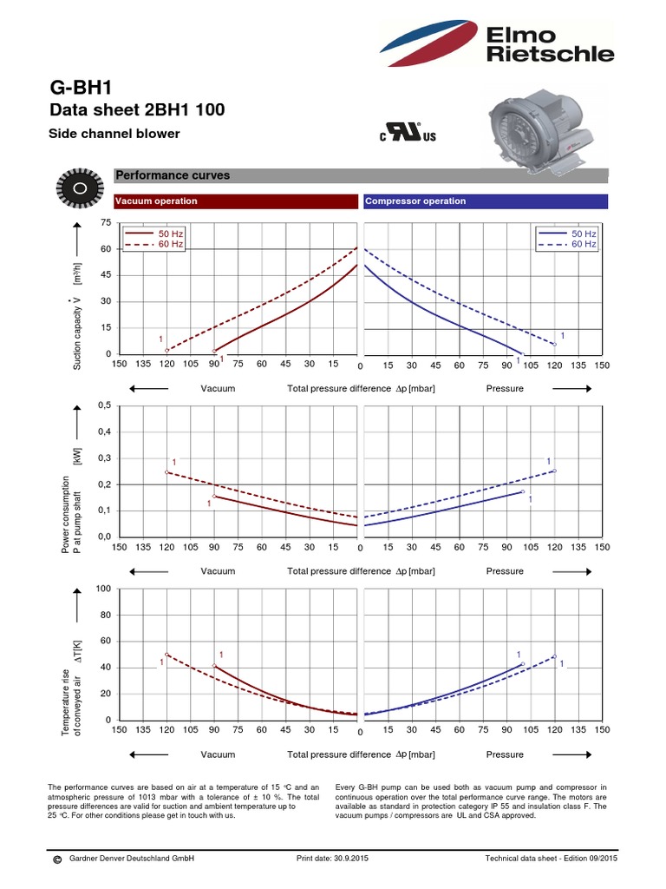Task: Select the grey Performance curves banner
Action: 361,175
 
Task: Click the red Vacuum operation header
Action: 236,201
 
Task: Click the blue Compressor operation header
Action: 485,201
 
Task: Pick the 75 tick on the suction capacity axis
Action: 106,223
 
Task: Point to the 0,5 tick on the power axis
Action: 104,405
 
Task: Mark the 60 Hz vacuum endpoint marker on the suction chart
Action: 167,350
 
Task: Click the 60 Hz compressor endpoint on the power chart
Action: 554,471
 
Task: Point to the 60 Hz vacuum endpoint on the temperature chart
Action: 167,655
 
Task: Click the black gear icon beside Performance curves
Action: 79,188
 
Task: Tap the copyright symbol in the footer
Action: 56,860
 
